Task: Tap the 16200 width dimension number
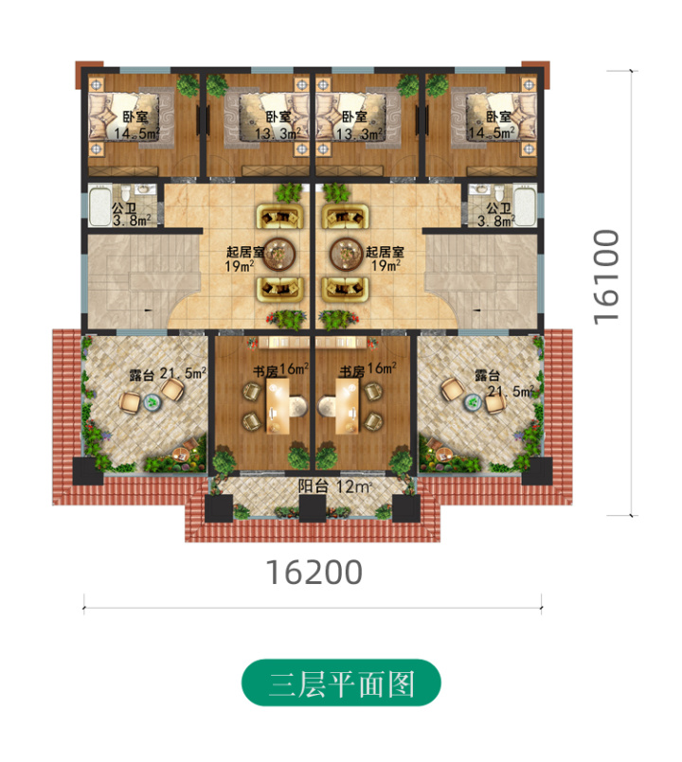[x=314, y=573]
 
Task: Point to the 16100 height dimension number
[x=606, y=275]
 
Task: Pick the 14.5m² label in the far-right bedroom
[x=494, y=134]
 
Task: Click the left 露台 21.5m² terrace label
[x=168, y=374]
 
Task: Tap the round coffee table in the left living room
[x=278, y=253]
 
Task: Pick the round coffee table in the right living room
[x=344, y=253]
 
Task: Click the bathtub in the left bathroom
[x=99, y=206]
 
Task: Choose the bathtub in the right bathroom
[x=528, y=206]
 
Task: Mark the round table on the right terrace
[x=473, y=400]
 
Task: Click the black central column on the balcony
[x=312, y=507]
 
